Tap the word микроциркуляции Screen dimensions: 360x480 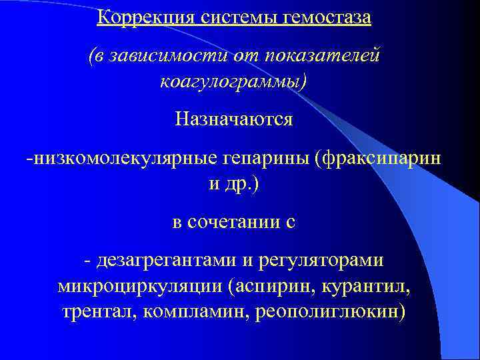pos(141,287)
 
